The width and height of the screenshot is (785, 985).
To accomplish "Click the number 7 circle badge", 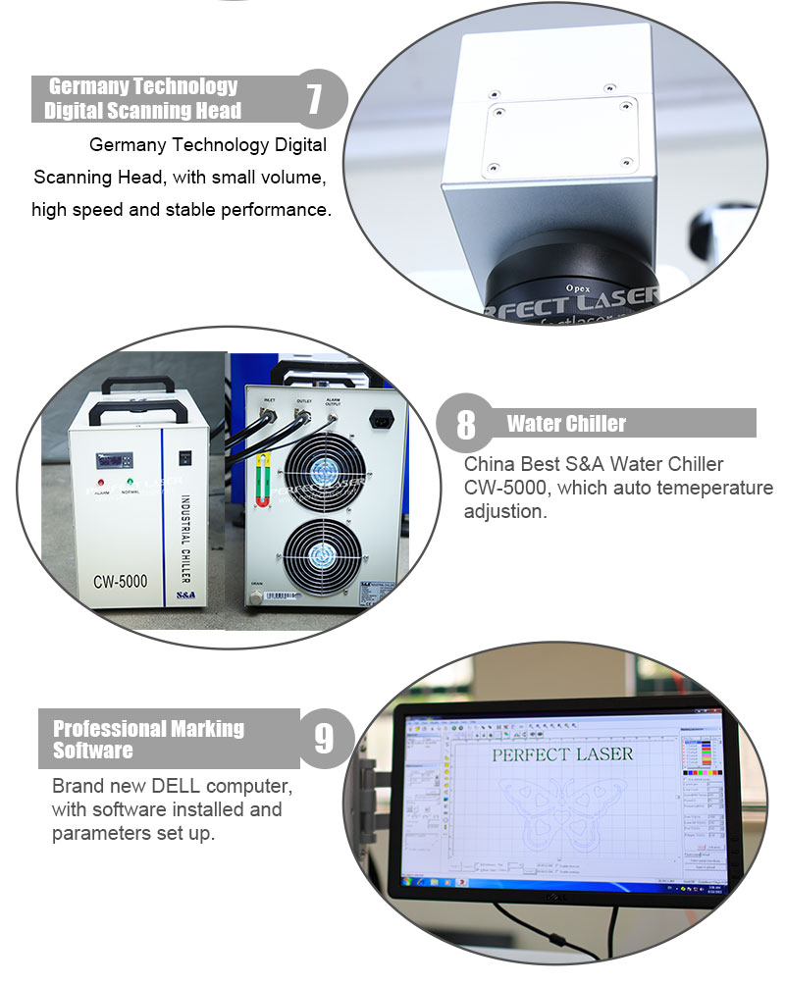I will tap(314, 99).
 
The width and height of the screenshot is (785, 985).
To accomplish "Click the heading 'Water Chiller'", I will tap(566, 424).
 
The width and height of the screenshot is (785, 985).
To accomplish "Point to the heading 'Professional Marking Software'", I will tap(148, 740).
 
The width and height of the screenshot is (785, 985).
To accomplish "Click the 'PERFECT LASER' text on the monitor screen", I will tap(561, 754).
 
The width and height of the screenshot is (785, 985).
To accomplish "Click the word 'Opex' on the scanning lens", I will tap(581, 287).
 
